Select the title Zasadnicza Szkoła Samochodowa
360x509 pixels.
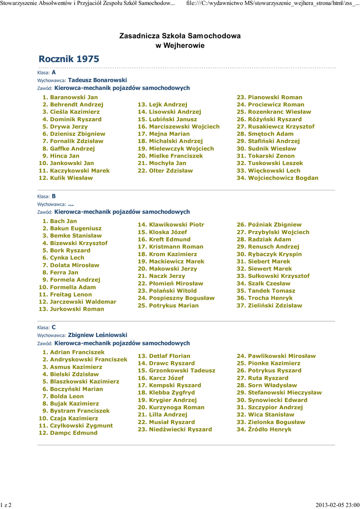[180, 36]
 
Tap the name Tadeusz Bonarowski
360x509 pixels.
[97, 80]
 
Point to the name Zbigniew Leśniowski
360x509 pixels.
[97, 335]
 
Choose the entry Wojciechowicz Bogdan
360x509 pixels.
[283, 178]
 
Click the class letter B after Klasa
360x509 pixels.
[54, 196]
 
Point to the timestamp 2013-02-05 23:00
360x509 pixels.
[337, 505]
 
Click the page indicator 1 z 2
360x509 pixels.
[6, 505]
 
